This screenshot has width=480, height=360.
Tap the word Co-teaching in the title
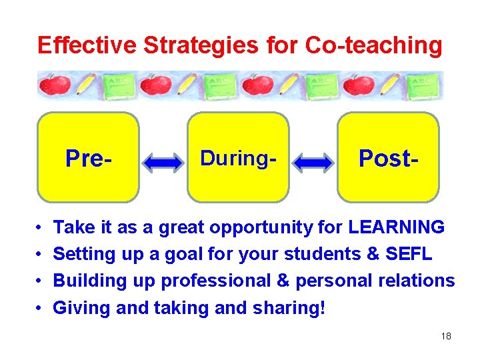point(373,45)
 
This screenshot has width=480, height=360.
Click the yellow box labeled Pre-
point(88,157)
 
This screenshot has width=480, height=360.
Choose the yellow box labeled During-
point(238,157)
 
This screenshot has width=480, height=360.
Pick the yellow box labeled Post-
point(388,157)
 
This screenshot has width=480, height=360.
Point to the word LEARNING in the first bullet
point(396,227)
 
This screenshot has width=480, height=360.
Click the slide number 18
point(446,336)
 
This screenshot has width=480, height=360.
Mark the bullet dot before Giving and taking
point(41,308)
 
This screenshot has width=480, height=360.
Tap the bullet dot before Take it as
point(41,228)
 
